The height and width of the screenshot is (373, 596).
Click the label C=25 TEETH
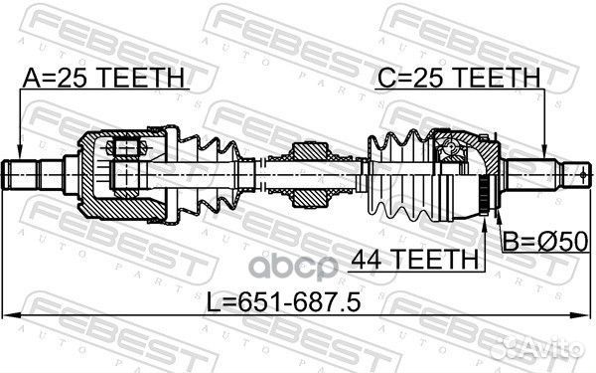(x=459, y=77)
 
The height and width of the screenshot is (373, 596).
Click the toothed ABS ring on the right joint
(x=484, y=190)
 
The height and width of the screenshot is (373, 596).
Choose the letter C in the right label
(x=383, y=77)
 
